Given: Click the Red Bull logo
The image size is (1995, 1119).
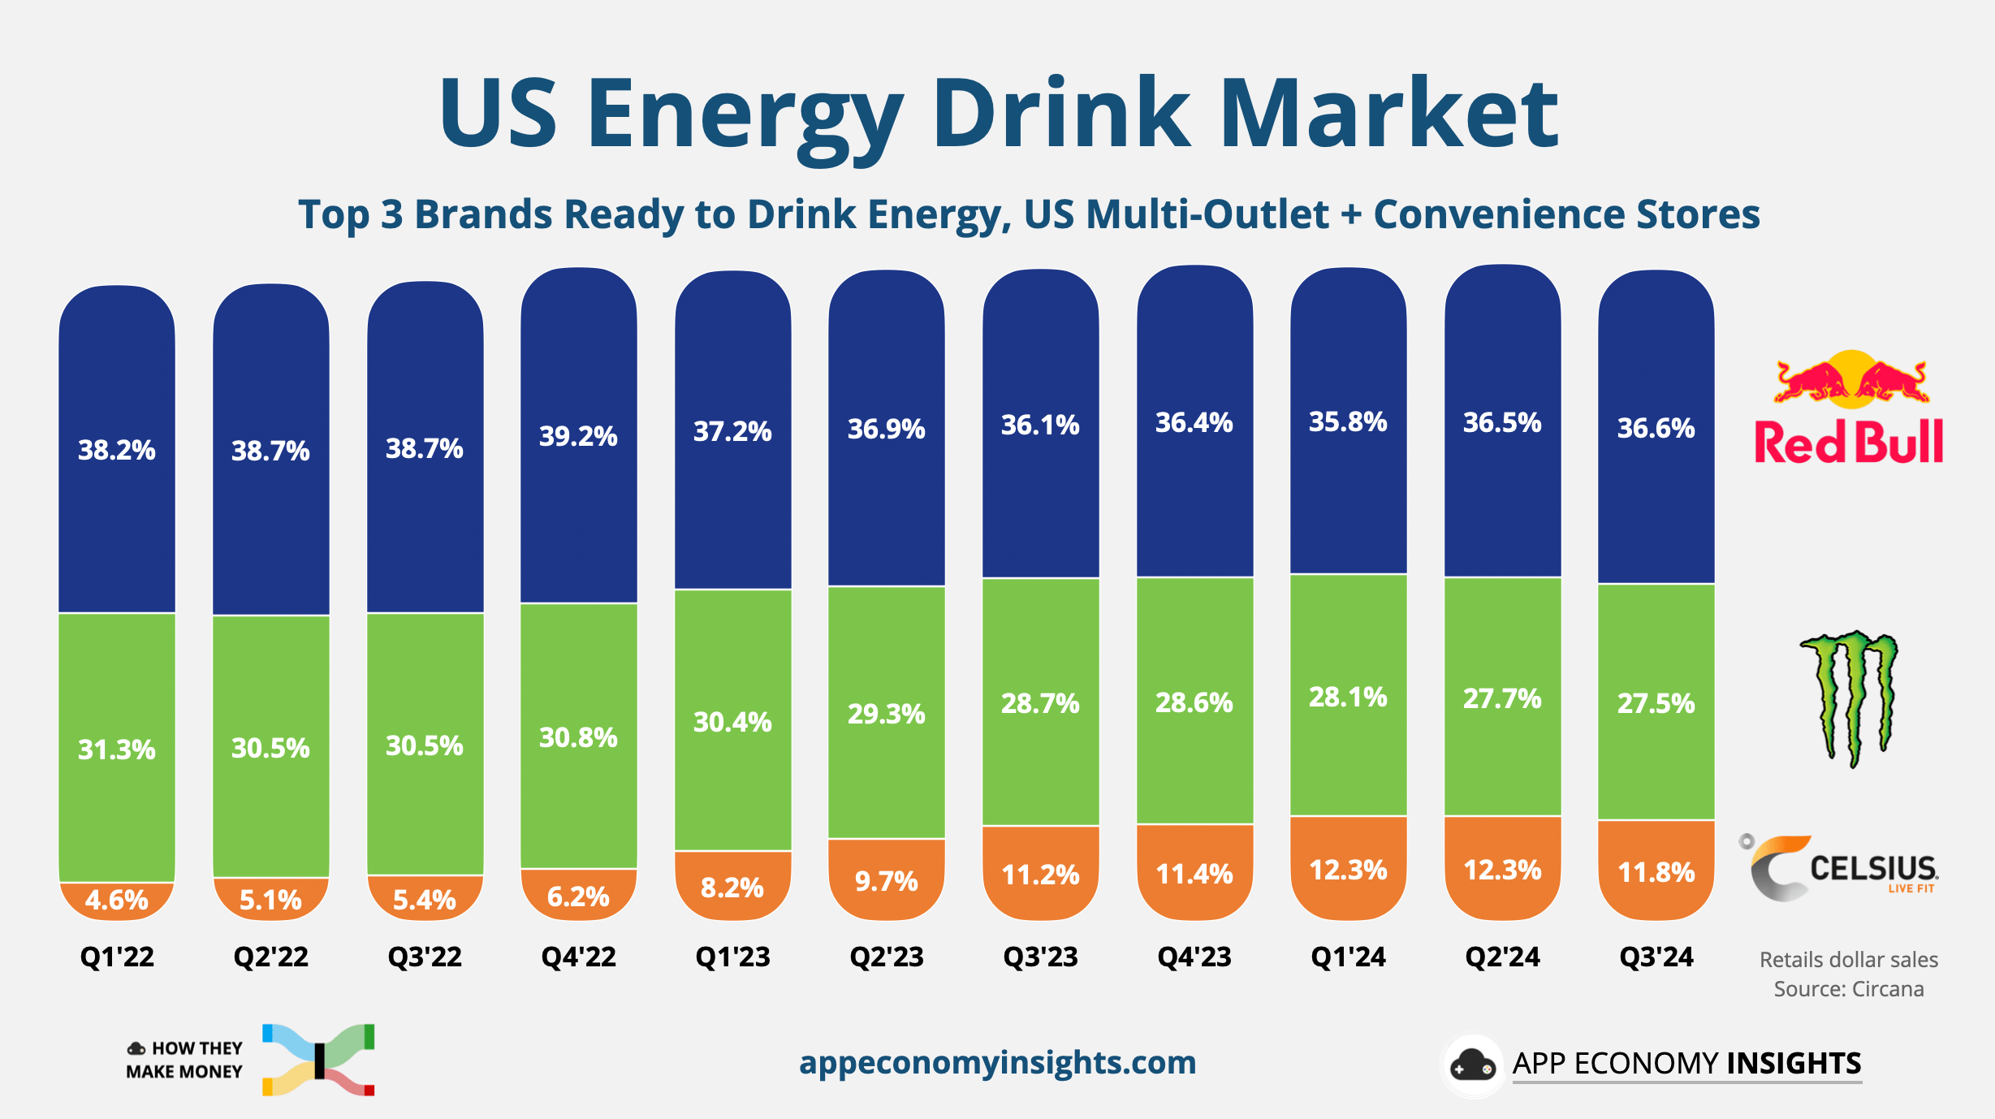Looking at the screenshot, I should (1849, 410).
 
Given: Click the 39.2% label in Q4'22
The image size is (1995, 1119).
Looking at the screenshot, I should (578, 436).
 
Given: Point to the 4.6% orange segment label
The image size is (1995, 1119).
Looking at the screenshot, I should (117, 900).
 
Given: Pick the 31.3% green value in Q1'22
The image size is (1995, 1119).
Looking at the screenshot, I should (117, 749).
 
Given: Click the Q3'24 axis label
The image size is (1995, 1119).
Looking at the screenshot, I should (1656, 957).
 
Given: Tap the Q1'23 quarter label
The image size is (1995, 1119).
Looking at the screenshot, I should (732, 957).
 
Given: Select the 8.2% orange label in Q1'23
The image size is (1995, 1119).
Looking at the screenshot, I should (732, 888).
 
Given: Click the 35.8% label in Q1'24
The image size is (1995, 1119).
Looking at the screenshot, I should (1348, 421).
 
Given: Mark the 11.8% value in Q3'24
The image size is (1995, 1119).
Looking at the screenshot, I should (1656, 872).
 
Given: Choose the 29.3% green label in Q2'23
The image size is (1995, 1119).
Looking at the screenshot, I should (887, 714).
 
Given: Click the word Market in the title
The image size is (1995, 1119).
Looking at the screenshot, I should (1388, 114).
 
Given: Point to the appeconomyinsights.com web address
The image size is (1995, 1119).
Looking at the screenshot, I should (997, 1062).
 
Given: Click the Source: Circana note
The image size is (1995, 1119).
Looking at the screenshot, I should (1849, 989).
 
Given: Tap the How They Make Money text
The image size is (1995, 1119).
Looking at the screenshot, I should (185, 1060).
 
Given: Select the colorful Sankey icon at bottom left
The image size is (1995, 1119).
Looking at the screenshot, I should (318, 1060).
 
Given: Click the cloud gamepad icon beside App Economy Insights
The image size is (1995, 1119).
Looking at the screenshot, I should (1472, 1065).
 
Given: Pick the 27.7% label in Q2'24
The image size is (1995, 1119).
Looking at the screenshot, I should (1502, 698).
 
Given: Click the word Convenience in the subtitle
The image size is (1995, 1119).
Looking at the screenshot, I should (1498, 214).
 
